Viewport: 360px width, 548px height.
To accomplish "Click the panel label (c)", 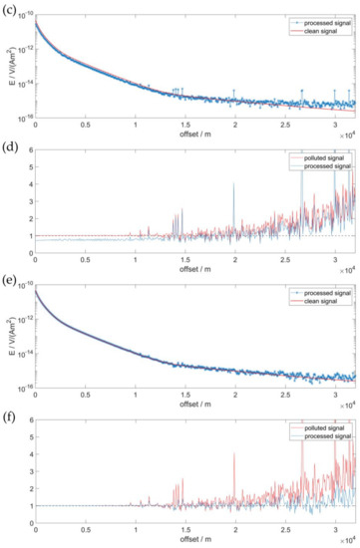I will point(8,7).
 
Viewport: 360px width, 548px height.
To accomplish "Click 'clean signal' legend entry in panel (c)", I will point(324,27).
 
